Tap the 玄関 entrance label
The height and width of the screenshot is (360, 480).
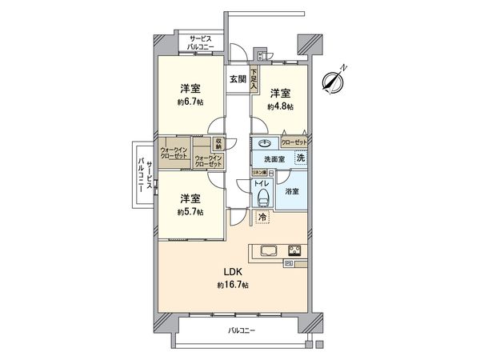pos(238,78)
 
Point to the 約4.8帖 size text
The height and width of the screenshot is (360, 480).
pos(281,106)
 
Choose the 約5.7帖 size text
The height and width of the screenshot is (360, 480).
pos(190,211)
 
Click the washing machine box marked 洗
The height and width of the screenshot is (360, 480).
pos(299,158)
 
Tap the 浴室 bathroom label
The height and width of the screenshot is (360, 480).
pos(292,191)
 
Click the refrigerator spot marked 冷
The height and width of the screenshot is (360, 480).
pos(262,217)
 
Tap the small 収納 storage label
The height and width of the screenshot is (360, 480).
pos(218,144)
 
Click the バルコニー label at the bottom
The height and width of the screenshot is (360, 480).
pos(240,330)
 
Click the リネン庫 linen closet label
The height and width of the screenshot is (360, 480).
pos(258,173)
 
